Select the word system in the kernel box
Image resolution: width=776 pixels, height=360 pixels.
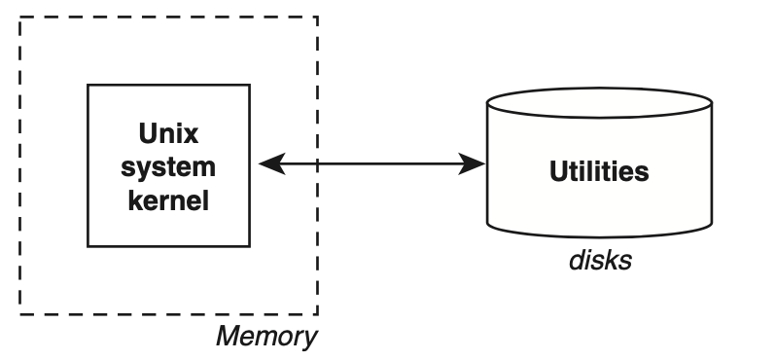[x=168, y=166]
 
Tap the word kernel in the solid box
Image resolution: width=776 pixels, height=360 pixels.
[x=168, y=200]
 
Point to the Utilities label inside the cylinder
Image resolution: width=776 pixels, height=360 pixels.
[x=598, y=172]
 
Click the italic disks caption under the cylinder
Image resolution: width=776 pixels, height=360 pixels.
[x=599, y=260]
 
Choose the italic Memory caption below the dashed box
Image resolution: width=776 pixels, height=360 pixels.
[x=265, y=338]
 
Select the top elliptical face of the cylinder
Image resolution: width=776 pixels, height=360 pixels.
[x=599, y=102]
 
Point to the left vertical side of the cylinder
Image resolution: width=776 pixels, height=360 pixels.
[x=487, y=165]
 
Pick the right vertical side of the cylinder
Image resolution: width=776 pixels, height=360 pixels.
[x=712, y=165]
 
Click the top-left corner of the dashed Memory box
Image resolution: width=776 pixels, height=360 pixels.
[x=19, y=17]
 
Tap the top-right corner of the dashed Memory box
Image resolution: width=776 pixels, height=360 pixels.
[x=318, y=17]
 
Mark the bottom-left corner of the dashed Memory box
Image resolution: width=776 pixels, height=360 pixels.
[x=19, y=314]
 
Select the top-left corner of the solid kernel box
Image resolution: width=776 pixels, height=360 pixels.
[x=88, y=85]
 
